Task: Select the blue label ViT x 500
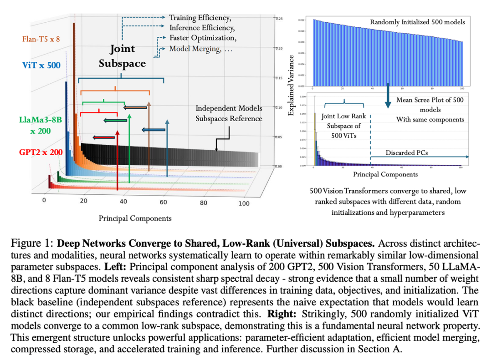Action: click(x=41, y=65)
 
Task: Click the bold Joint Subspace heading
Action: click(x=122, y=56)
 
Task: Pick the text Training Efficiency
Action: click(x=200, y=18)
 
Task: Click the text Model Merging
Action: click(x=194, y=49)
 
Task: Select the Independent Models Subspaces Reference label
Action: click(x=229, y=113)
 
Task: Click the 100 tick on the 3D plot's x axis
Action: click(x=244, y=203)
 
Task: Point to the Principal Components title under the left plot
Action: click(x=135, y=218)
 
